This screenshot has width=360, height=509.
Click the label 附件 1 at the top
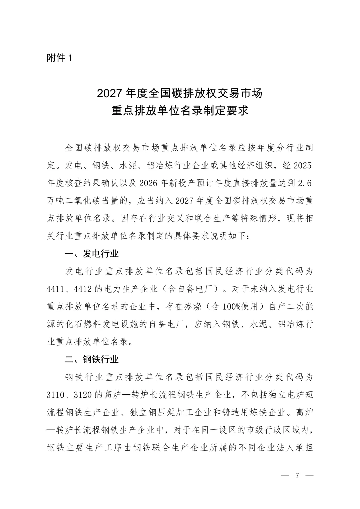[59, 58]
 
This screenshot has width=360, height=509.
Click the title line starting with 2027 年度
[180, 93]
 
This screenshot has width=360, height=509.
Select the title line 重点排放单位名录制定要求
[180, 111]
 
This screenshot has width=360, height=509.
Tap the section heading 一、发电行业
[92, 254]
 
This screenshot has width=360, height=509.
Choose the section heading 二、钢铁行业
[92, 359]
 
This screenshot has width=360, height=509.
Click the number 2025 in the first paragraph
[304, 166]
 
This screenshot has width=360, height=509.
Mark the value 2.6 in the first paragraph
[305, 183]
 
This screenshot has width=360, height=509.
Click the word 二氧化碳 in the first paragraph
[83, 201]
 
